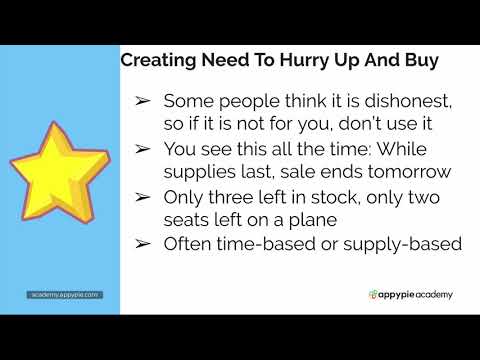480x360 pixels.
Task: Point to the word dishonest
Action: [410, 102]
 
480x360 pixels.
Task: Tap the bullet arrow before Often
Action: [142, 243]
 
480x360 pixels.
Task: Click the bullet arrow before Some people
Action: [142, 102]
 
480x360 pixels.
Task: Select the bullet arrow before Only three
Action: [142, 196]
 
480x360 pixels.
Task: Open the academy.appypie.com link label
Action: [62, 295]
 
